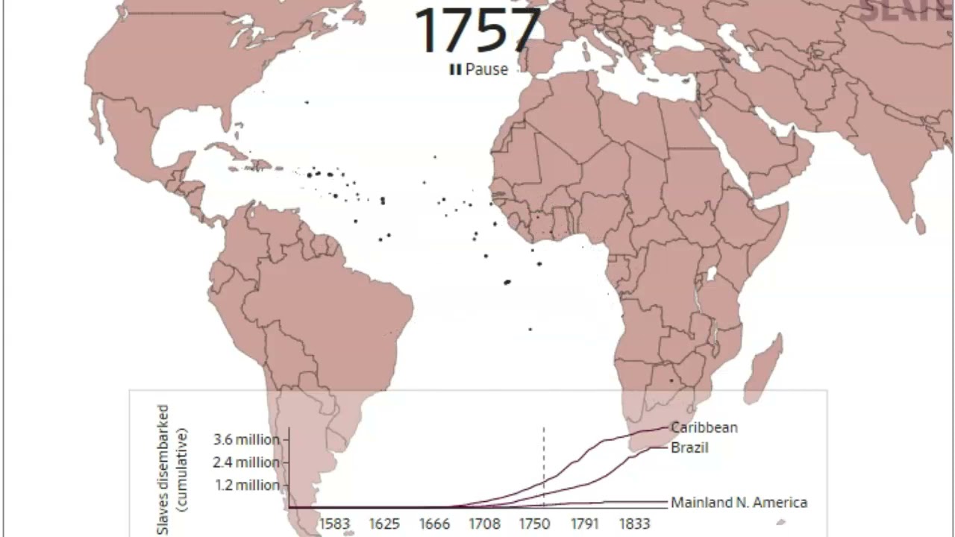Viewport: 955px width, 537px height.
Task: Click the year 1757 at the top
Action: [477, 31]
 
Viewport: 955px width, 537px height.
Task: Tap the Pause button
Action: [478, 69]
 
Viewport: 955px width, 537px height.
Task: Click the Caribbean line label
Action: [704, 427]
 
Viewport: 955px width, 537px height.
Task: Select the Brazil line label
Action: [689, 447]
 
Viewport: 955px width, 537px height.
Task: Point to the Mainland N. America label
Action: [739, 503]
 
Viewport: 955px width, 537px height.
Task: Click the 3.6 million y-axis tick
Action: [246, 439]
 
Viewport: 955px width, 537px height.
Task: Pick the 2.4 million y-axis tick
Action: [246, 462]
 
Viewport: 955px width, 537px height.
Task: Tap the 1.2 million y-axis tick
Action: [246, 486]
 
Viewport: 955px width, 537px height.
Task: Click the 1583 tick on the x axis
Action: [334, 524]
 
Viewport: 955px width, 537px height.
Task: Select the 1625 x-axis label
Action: [384, 524]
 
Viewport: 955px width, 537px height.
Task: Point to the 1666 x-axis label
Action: [434, 524]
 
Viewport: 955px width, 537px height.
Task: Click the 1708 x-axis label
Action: [484, 524]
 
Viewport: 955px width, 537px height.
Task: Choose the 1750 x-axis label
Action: [535, 524]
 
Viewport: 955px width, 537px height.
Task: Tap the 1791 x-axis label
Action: [585, 524]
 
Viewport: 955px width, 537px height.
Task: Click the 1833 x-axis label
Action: [635, 524]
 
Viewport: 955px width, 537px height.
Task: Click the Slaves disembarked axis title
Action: [171, 469]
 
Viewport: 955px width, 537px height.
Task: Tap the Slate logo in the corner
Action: [907, 11]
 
